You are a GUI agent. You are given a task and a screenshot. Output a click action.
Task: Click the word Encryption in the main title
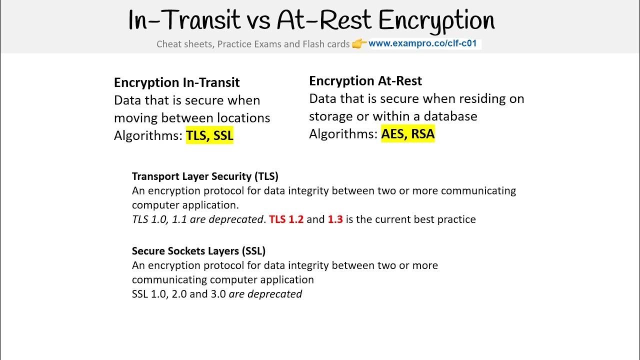pyautogui.click(x=436, y=21)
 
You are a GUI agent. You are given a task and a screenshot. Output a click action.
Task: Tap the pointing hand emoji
pyautogui.click(x=359, y=44)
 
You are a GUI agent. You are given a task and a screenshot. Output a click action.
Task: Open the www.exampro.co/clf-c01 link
pyautogui.click(x=422, y=43)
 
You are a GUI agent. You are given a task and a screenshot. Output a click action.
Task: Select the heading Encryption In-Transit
pyautogui.click(x=176, y=82)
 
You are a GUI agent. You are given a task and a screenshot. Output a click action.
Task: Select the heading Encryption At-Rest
pyautogui.click(x=365, y=81)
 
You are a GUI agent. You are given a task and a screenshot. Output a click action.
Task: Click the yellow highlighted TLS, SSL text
pyautogui.click(x=209, y=135)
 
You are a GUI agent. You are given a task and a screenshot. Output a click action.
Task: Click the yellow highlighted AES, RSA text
pyautogui.click(x=407, y=134)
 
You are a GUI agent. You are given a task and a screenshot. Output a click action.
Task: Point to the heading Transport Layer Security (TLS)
pyautogui.click(x=205, y=176)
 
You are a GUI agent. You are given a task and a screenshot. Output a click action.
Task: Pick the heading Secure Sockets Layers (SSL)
pyautogui.click(x=198, y=250)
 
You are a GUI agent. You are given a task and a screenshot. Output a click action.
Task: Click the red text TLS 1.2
pyautogui.click(x=286, y=219)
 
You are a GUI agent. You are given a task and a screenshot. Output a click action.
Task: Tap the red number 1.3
pyautogui.click(x=335, y=219)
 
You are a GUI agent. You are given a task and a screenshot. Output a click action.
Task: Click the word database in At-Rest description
pyautogui.click(x=450, y=116)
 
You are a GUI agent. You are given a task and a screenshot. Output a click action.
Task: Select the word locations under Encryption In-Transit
pyautogui.click(x=243, y=118)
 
